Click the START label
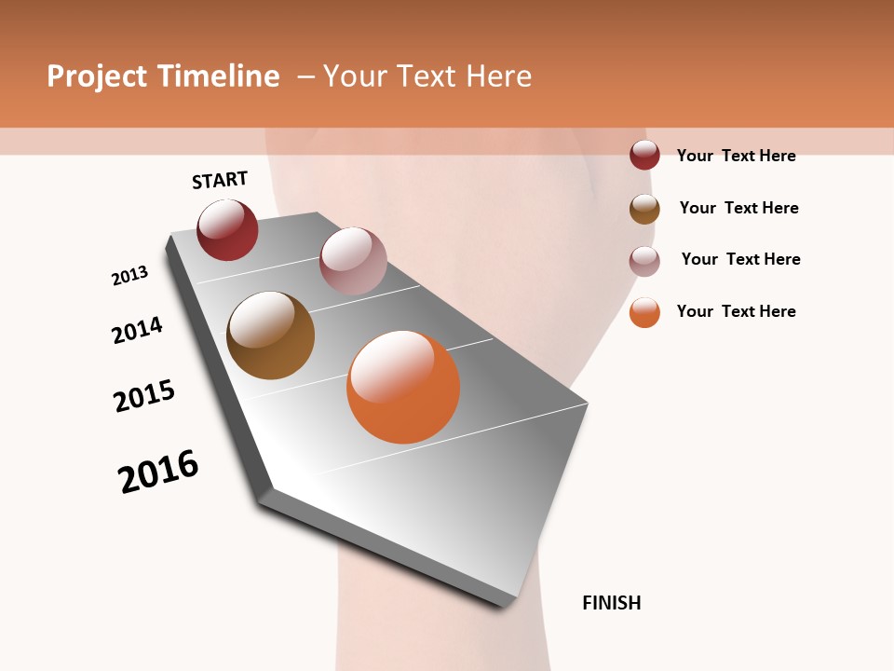click(x=220, y=180)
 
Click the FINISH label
click(x=611, y=603)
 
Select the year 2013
click(x=129, y=276)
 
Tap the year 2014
click(x=137, y=330)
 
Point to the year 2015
click(x=144, y=396)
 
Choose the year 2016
click(x=158, y=472)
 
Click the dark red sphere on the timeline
click(x=227, y=230)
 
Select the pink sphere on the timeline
click(x=353, y=260)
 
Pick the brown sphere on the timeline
click(x=270, y=335)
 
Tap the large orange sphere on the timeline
click(x=403, y=387)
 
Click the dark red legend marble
click(x=644, y=155)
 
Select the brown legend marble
click(x=644, y=209)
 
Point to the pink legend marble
click(x=644, y=261)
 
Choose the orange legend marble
click(x=644, y=313)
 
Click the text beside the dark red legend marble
click(x=736, y=156)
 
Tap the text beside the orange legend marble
click(x=736, y=311)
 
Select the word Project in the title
click(x=97, y=76)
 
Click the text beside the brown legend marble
click(x=738, y=208)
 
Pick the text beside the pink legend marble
click(x=740, y=259)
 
